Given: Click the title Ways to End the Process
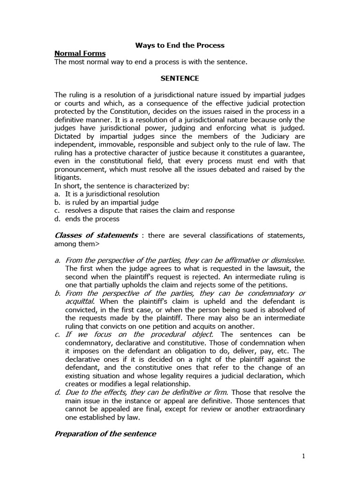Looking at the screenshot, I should point(180,45).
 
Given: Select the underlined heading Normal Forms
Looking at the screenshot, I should point(80,53).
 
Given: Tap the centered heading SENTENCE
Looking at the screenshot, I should point(180,78).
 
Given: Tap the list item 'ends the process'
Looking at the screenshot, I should point(92,219).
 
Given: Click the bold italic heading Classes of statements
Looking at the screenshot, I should point(96,235).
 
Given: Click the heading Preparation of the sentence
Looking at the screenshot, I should point(105,434).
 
